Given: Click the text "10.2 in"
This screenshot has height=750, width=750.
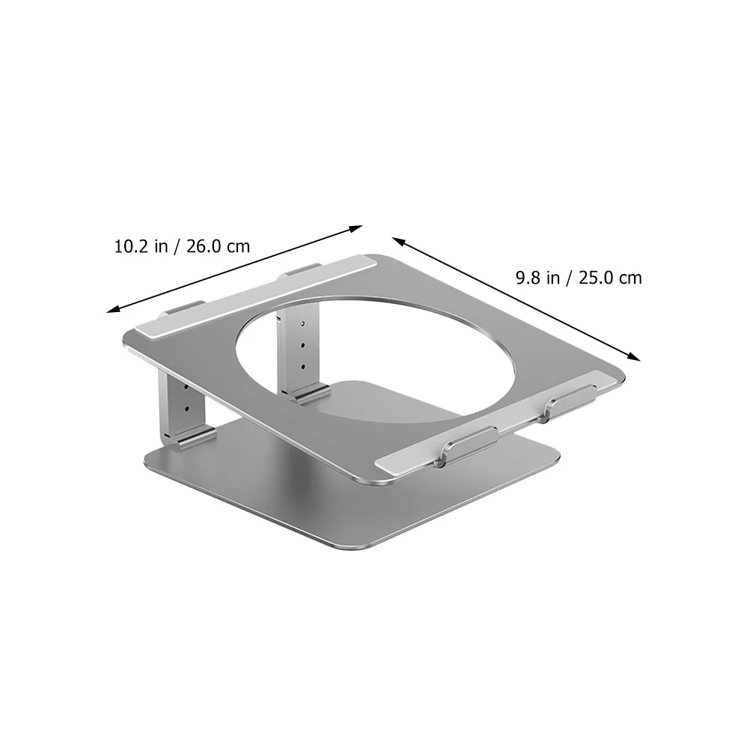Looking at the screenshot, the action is (141, 246).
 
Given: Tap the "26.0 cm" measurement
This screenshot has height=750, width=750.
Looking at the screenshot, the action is (218, 246).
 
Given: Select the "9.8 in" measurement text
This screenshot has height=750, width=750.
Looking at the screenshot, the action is (537, 278).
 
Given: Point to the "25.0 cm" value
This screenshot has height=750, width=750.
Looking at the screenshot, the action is (610, 278).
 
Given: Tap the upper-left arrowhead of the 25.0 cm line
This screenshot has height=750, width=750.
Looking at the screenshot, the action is (396, 240).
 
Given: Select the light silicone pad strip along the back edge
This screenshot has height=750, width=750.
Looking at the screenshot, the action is (256, 296).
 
